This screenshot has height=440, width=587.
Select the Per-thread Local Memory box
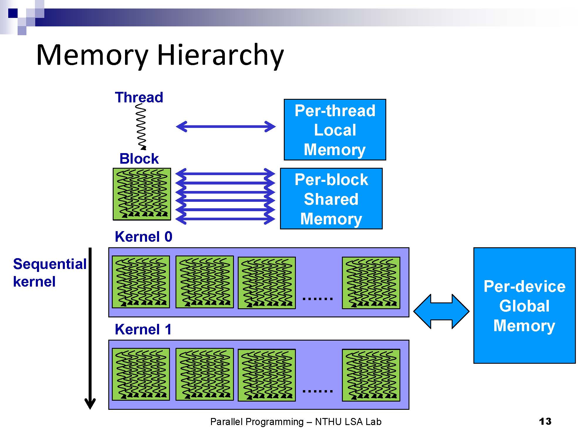[x=335, y=130]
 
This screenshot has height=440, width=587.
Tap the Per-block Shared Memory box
[x=331, y=199]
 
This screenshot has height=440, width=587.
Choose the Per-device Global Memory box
[x=524, y=306]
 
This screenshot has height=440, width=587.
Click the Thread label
[x=139, y=97]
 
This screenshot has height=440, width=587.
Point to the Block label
[x=139, y=159]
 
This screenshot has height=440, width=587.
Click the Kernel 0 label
[x=144, y=237]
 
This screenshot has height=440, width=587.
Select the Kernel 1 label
[x=143, y=329]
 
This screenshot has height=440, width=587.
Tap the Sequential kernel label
[x=50, y=273]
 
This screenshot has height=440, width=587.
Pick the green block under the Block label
[x=142, y=194]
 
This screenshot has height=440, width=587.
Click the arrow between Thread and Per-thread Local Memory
[x=226, y=126]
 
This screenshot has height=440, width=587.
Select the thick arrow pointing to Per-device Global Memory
[x=441, y=312]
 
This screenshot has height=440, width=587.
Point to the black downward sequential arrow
[x=90, y=328]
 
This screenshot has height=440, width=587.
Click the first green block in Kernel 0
[x=141, y=282]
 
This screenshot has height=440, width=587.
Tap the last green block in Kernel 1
[x=371, y=375]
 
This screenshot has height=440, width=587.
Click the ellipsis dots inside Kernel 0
[x=318, y=299]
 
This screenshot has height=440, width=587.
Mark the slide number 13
[x=545, y=422]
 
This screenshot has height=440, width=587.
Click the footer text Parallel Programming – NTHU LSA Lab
[x=296, y=422]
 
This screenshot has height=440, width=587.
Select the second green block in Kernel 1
[x=205, y=374]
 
